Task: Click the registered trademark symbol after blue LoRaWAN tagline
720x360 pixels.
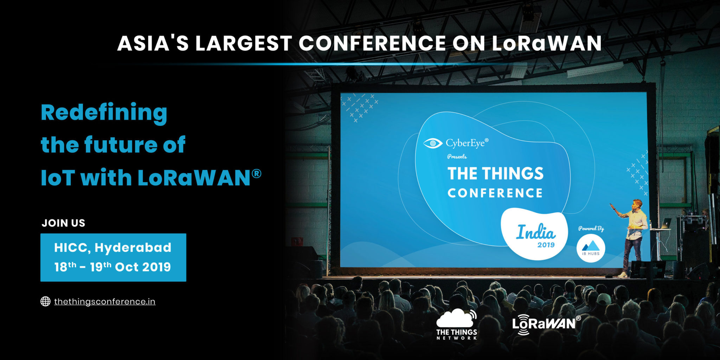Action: tap(257, 173)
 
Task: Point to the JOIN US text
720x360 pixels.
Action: tap(64, 223)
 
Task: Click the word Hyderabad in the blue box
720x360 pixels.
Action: tap(133, 248)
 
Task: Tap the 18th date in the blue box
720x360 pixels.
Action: tap(65, 267)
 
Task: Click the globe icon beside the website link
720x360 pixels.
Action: tap(45, 301)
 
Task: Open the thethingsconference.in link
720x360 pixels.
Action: tap(105, 302)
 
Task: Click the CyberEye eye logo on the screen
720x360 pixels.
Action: tap(432, 143)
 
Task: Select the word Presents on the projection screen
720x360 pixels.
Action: tap(457, 156)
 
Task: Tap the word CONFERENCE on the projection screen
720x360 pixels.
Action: tap(495, 193)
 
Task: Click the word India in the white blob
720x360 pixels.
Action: tap(536, 232)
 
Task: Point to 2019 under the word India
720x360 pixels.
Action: tap(546, 245)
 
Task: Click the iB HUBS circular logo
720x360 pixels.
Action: tap(591, 248)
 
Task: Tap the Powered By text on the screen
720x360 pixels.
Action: tap(591, 229)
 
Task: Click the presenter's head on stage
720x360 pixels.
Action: tap(637, 204)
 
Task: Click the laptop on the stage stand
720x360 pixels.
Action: tap(665, 223)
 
